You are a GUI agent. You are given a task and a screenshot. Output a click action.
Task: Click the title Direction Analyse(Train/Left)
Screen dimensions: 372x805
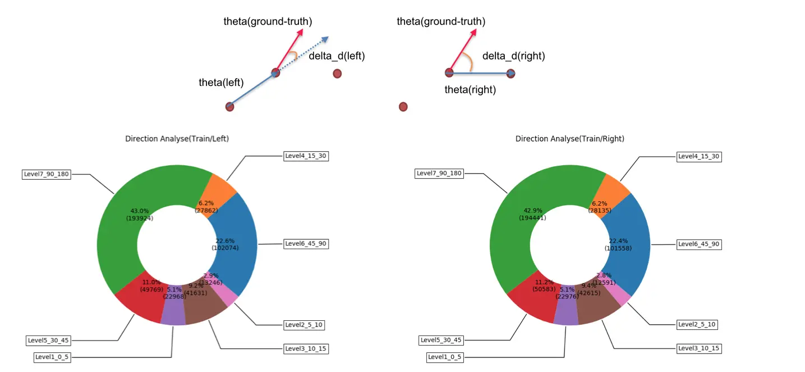click(x=177, y=139)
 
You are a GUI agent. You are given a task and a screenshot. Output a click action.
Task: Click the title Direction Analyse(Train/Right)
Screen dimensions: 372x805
click(x=569, y=139)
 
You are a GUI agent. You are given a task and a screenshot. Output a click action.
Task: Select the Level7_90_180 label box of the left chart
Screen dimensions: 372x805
click(x=47, y=174)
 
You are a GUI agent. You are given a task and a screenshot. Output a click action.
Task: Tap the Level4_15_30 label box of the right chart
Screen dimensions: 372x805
click(x=698, y=157)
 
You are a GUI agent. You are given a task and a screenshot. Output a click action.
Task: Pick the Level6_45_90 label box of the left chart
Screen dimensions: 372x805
click(x=306, y=244)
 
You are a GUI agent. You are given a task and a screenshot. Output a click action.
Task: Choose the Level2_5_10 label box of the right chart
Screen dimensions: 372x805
click(x=697, y=324)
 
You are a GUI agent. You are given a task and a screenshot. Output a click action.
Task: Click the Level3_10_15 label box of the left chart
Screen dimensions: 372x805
click(x=306, y=349)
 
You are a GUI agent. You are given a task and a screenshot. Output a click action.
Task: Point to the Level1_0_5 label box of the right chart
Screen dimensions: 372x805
click(x=445, y=357)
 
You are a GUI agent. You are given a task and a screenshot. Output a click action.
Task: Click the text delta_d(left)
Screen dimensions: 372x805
click(x=337, y=56)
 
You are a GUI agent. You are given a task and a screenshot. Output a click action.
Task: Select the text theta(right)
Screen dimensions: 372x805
click(x=470, y=89)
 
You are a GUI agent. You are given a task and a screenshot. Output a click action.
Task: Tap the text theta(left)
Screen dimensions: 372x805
click(x=221, y=83)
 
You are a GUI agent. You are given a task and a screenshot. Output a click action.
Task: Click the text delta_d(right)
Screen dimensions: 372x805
click(x=513, y=56)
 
